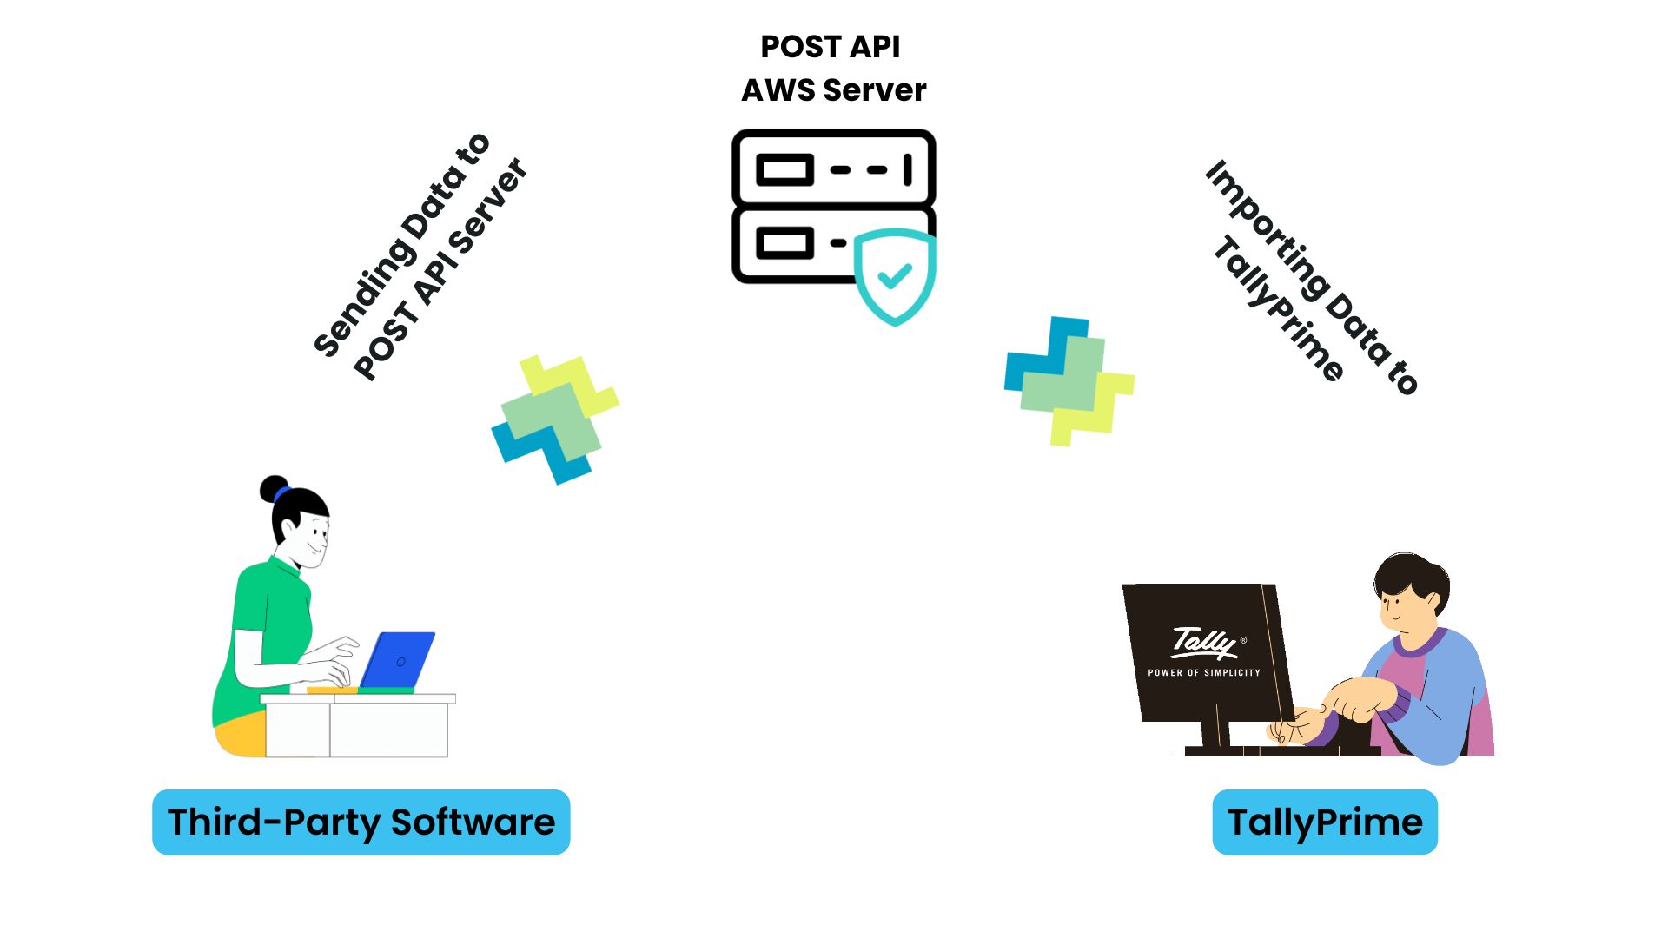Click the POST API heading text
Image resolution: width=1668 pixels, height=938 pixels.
830,47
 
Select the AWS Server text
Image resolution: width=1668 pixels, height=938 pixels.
833,90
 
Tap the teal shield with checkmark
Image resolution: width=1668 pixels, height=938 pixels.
895,276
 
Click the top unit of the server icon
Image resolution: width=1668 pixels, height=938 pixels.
833,168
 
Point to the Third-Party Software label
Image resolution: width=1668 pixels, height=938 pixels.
361,822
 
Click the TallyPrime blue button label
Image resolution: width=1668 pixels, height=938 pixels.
1324,822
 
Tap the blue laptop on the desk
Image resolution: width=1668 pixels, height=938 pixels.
398,660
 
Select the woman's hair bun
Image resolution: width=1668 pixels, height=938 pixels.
274,488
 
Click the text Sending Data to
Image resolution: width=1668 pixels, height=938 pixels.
401,245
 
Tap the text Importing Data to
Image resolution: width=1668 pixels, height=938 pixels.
1312,276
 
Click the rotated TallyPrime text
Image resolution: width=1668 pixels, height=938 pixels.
1278,308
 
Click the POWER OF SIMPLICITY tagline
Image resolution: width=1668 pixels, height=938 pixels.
1203,672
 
